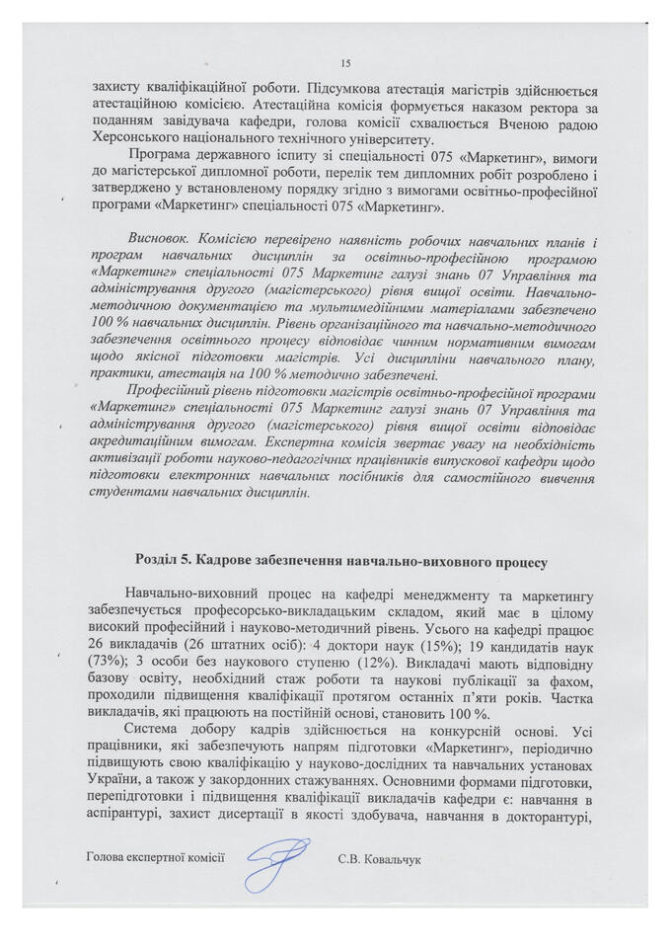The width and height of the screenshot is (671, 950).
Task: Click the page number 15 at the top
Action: (344, 61)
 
